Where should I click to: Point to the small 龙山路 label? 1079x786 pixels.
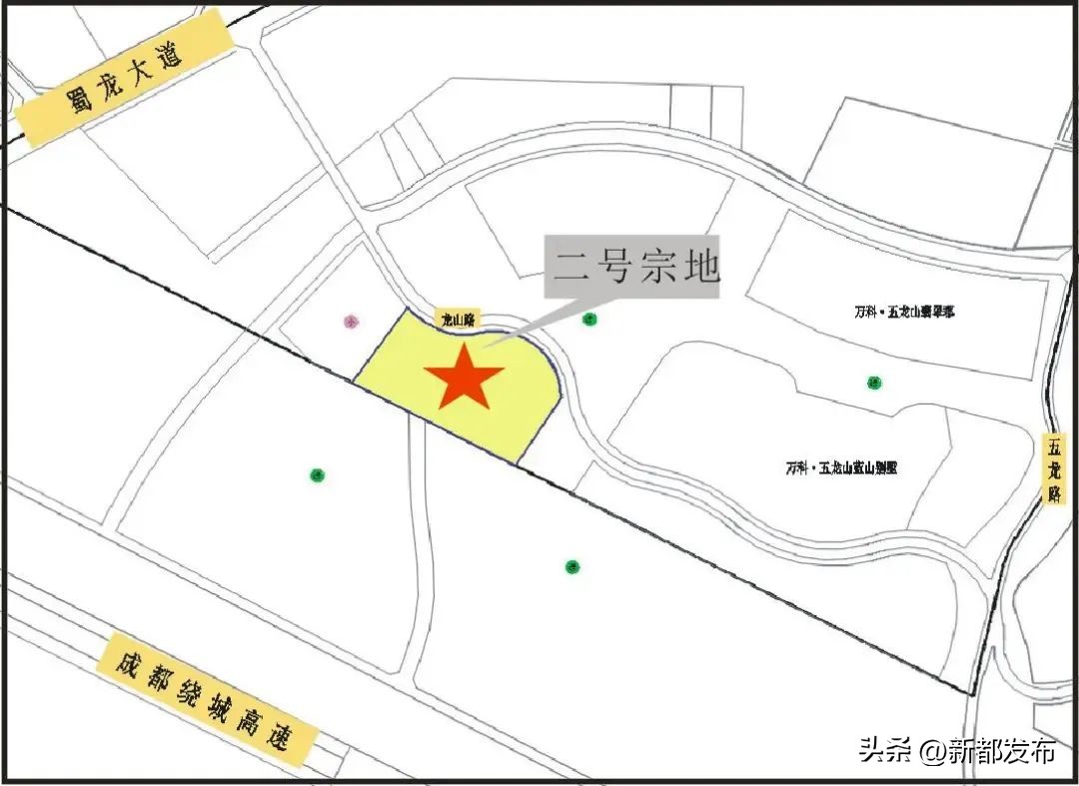click(x=460, y=319)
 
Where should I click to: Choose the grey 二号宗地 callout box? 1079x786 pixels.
click(x=632, y=267)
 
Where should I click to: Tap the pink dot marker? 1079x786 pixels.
click(x=351, y=322)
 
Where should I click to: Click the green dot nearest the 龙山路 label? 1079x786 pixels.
click(x=589, y=320)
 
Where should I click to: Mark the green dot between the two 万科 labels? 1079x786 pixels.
click(x=874, y=383)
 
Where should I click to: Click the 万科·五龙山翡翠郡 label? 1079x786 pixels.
click(x=898, y=313)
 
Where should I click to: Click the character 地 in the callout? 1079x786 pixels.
click(x=699, y=267)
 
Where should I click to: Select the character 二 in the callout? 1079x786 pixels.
click(x=569, y=267)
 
